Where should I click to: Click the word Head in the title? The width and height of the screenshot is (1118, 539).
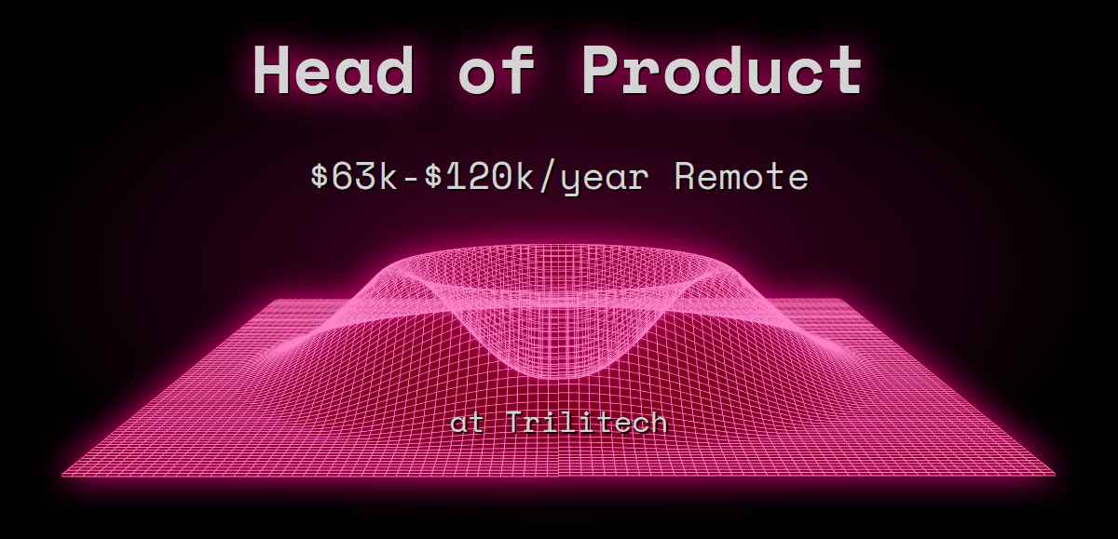[334, 71]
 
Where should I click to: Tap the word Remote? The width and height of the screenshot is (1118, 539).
[741, 176]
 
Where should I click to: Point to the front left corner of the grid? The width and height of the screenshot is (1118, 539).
[63, 475]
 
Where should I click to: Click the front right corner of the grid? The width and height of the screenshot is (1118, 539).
[1055, 475]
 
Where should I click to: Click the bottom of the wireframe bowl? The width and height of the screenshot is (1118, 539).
[559, 377]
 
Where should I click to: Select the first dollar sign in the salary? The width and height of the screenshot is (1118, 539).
[320, 176]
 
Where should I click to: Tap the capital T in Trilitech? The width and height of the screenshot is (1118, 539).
[520, 423]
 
